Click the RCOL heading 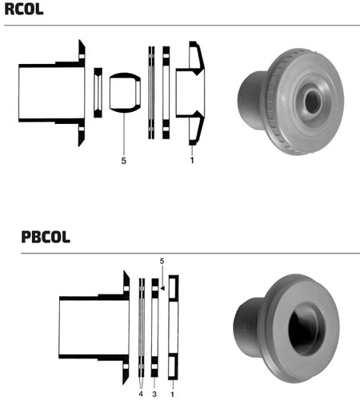click(24, 10)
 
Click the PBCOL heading click(46, 237)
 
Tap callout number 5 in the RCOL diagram click(123, 161)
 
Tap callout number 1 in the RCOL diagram click(192, 160)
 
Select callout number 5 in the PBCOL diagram click(162, 262)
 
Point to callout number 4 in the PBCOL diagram click(141, 394)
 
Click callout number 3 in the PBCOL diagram click(154, 394)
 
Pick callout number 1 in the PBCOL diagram click(173, 394)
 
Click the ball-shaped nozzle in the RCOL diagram click(125, 92)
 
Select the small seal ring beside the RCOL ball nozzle click(98, 93)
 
